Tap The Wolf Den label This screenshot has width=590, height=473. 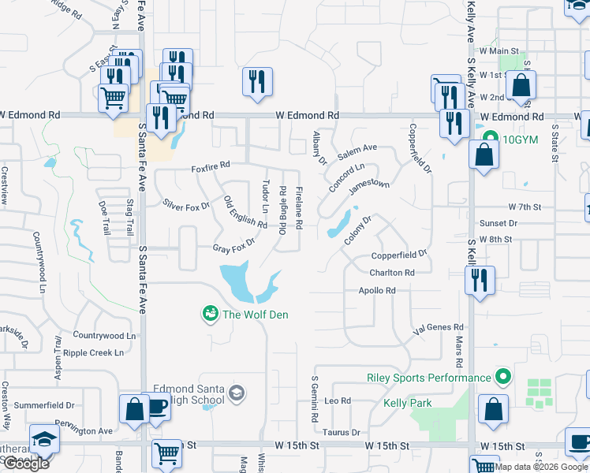pyautogui.click(x=255, y=315)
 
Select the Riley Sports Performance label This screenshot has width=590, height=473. pyautogui.click(x=429, y=377)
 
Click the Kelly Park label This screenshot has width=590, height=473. pyautogui.click(x=407, y=403)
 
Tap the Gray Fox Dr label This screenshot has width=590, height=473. pyautogui.click(x=234, y=246)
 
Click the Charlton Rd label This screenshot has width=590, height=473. pyautogui.click(x=391, y=273)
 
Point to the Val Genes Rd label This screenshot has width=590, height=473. pyautogui.click(x=439, y=326)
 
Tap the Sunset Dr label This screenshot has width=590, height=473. pyautogui.click(x=502, y=223)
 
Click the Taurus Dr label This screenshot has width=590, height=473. pyautogui.click(x=341, y=432)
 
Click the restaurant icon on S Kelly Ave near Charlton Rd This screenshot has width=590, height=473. pyautogui.click(x=480, y=281)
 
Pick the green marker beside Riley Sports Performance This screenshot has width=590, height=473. pyautogui.click(x=500, y=377)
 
